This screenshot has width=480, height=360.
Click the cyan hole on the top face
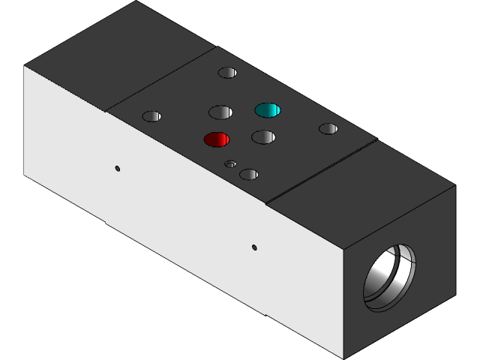coord(267,110)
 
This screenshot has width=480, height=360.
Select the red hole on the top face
coord(217,139)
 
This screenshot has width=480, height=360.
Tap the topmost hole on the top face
coord(227,73)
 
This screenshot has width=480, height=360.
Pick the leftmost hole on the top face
coord(151,116)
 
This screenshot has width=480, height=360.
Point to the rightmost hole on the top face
coord(328,129)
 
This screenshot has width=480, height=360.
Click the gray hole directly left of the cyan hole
coord(220,112)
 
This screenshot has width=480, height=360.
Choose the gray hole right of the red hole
coord(263,136)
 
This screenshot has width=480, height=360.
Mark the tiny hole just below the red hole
coord(230,163)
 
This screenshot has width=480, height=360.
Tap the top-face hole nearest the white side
coord(248,175)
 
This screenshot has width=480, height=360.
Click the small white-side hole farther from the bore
coord(118,168)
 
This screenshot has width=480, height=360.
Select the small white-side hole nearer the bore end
coord(254,247)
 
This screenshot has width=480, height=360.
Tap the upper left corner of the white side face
coord(25,66)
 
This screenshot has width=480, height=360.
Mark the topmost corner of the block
coord(137,1)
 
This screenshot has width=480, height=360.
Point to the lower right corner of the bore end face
coord(455,294)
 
